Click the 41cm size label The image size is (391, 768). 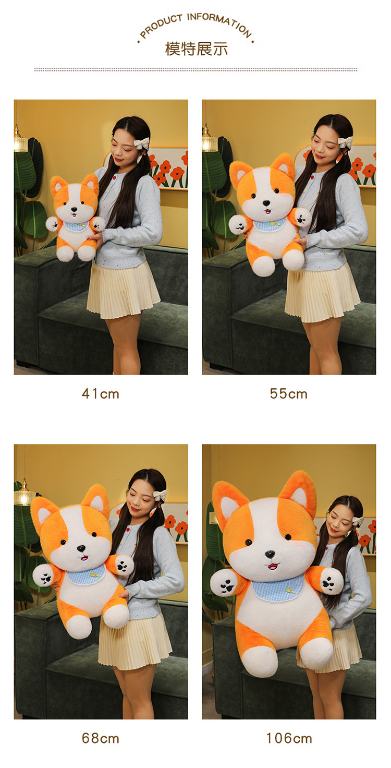pyautogui.click(x=101, y=394)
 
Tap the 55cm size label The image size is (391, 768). pyautogui.click(x=288, y=394)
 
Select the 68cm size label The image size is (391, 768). pyautogui.click(x=101, y=738)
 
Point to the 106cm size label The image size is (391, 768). pyautogui.click(x=289, y=738)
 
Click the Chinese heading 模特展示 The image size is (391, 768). pyautogui.click(x=197, y=49)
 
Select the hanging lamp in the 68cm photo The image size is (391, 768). pyautogui.click(x=24, y=494)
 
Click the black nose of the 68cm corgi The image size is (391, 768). pyautogui.click(x=81, y=548)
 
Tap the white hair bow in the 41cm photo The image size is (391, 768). pyautogui.click(x=142, y=143)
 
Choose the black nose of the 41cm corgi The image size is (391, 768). pyautogui.click(x=74, y=209)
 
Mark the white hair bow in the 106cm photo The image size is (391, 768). pyautogui.click(x=358, y=521)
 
